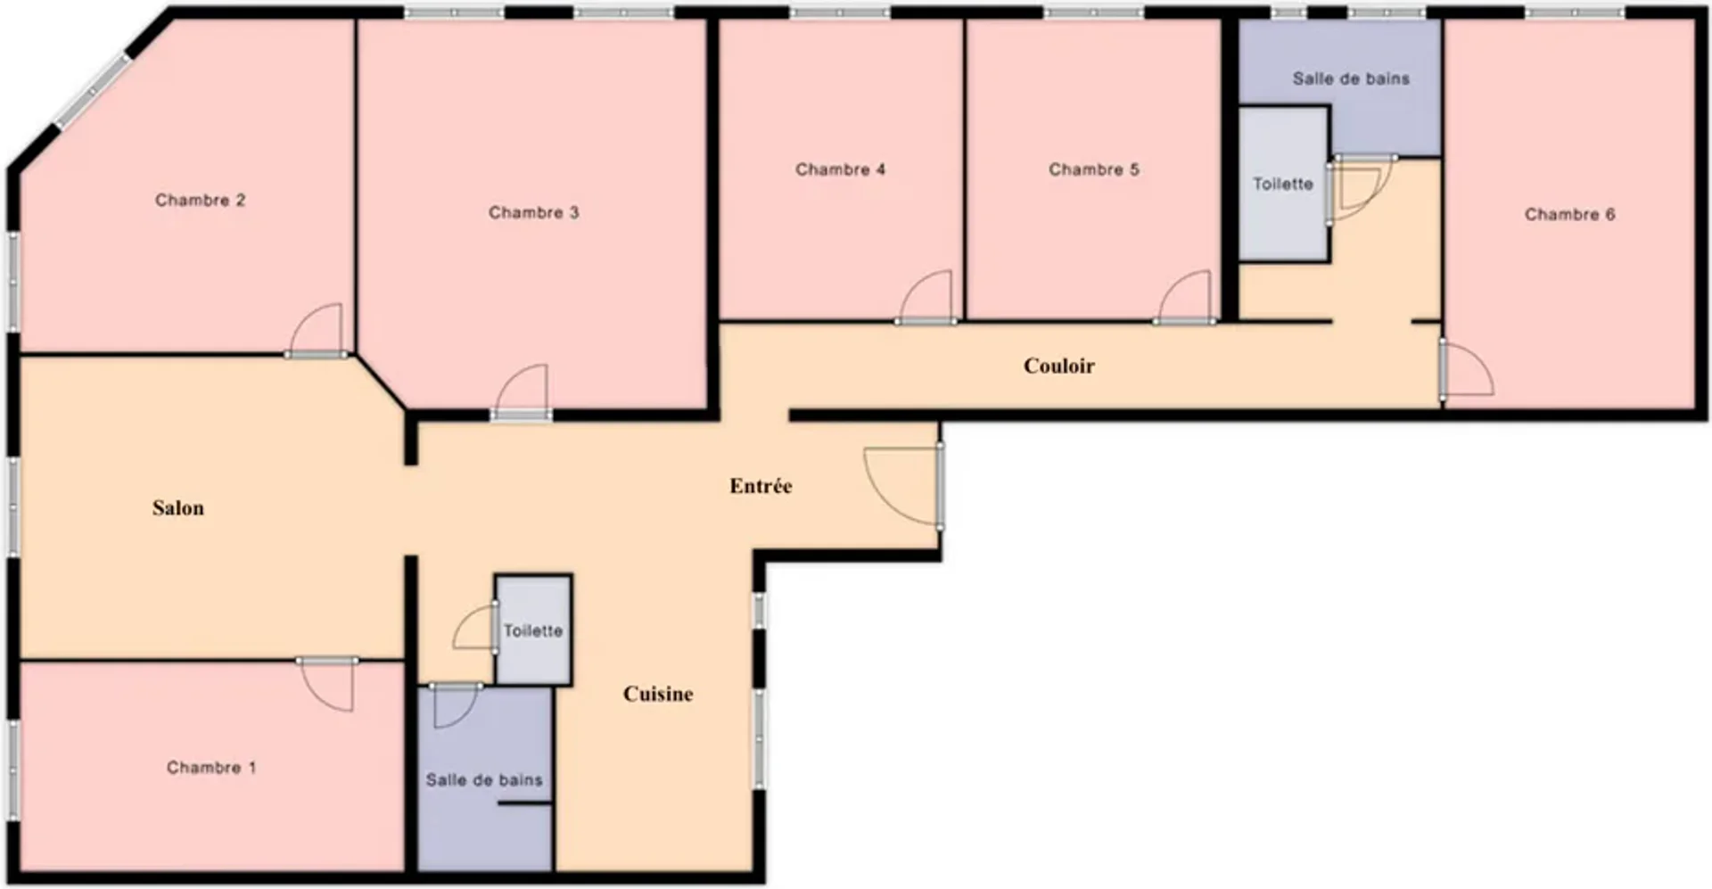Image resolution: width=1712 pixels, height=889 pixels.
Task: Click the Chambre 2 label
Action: pos(200,200)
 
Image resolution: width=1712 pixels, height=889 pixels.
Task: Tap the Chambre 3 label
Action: pos(533,212)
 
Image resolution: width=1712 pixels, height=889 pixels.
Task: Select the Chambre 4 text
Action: pos(840,169)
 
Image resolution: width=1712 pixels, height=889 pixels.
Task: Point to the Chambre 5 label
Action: pos(1093,169)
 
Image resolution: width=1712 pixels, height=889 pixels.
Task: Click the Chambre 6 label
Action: pos(1569,214)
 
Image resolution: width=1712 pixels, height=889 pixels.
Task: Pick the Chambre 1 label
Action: pos(211,768)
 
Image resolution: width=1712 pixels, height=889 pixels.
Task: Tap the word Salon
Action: pos(177,508)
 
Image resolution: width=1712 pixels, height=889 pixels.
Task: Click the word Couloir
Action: pos(1058,366)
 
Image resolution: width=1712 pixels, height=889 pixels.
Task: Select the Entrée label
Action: pos(761,486)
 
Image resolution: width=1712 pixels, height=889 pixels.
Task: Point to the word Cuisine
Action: pos(658,694)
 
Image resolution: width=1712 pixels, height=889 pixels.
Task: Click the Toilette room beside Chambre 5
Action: pos(1283,184)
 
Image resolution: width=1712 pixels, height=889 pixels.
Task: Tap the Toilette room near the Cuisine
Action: pos(533,630)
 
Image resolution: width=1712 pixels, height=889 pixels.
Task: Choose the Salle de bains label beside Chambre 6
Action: pos(1351,78)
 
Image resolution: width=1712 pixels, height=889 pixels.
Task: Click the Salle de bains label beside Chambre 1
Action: pos(484,780)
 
